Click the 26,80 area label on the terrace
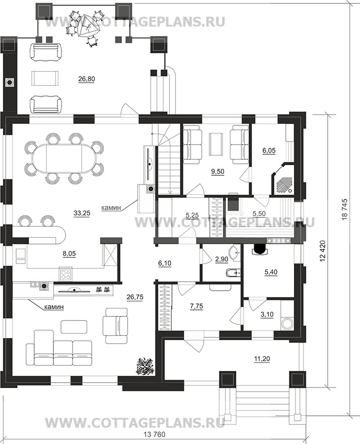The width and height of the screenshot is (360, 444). [x=87, y=79]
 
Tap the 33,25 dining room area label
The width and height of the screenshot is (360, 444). [x=82, y=213]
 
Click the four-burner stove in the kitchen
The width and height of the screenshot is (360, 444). [x=66, y=274]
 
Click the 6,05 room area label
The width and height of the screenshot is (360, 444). [x=269, y=150]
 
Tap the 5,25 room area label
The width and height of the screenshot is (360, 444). [x=193, y=216]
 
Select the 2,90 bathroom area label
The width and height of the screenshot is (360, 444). [x=222, y=260]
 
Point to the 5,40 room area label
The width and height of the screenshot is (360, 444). [x=271, y=272]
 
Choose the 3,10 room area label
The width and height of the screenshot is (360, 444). [x=267, y=314]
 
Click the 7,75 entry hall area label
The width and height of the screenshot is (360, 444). [x=197, y=305]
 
